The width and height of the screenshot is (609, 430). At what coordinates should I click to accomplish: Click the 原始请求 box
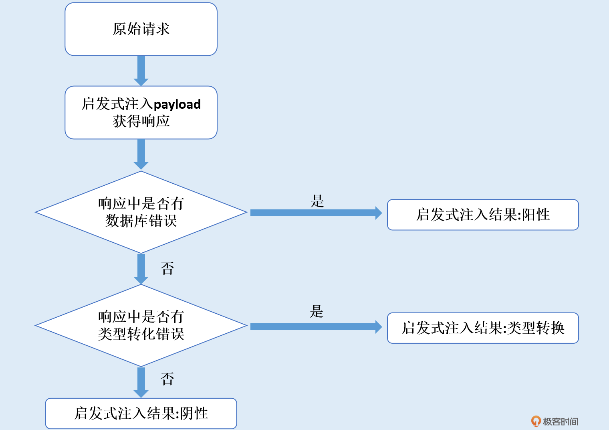coord(141,29)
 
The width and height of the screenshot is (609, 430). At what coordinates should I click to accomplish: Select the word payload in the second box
coord(177,105)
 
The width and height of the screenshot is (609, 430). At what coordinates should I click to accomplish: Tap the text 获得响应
coord(141,121)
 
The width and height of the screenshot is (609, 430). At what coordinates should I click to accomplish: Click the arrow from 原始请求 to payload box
coord(141,70)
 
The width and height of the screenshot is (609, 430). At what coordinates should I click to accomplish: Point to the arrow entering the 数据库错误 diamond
coord(141,154)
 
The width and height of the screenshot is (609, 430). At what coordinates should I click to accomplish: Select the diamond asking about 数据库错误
coord(141,212)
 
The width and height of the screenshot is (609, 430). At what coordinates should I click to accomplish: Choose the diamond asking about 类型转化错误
coord(141,325)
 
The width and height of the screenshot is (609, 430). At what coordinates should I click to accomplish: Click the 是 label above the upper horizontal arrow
coord(317,201)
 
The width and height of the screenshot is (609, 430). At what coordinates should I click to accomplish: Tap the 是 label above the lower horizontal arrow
coord(317,311)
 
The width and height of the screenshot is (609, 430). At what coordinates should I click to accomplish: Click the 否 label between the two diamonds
coord(167,268)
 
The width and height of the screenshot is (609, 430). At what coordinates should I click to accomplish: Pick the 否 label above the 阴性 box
coord(167,379)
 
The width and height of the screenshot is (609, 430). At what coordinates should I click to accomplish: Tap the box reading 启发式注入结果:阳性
coord(483,215)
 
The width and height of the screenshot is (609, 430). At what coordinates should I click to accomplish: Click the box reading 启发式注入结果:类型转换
coord(483,328)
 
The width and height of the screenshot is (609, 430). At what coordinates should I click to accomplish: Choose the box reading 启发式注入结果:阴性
coord(141,413)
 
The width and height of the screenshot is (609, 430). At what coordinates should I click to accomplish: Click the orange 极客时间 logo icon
coord(536,421)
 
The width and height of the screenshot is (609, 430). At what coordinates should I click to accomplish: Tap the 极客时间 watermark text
coord(560,422)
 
